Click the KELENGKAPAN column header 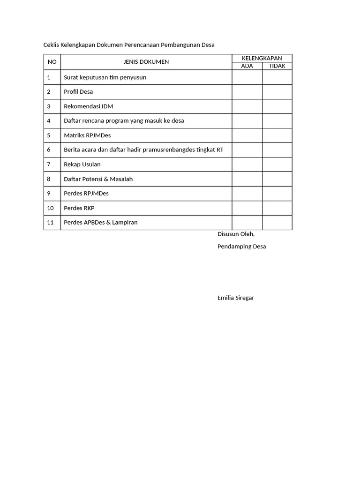coord(262,58)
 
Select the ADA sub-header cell coord(247,66)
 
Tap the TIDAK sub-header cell coord(277,66)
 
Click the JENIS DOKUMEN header coord(146,62)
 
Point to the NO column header coord(52,62)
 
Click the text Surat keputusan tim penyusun coord(105,77)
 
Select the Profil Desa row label coord(78,92)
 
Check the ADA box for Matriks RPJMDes coord(247,135)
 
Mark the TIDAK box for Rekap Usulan coord(277,165)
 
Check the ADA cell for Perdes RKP coord(247,208)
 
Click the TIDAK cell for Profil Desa coord(277,92)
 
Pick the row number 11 coord(51,223)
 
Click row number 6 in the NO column coord(49,150)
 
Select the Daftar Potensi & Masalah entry coord(98,179)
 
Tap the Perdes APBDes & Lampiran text coord(101,223)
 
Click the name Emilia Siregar coord(236,298)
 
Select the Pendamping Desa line coord(241,247)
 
